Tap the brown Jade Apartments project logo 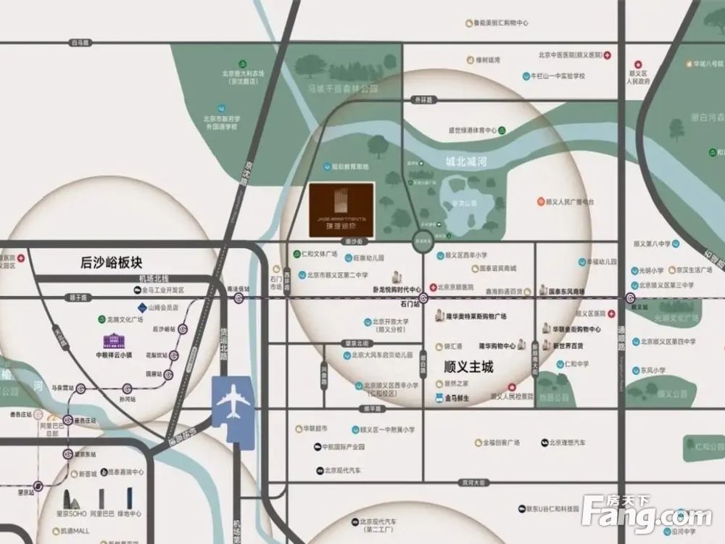341,210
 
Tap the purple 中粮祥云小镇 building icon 114,341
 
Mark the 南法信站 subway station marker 240,297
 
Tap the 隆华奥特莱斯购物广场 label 476,316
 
